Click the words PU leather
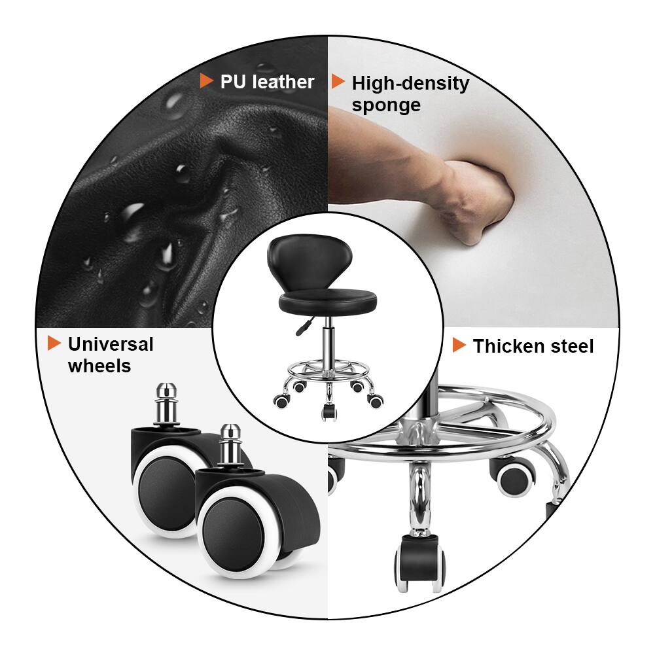pyautogui.click(x=267, y=82)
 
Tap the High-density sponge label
pyautogui.click(x=410, y=94)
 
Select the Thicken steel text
pyautogui.click(x=533, y=346)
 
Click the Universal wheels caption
pyautogui.click(x=110, y=355)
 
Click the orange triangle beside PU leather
pyautogui.click(x=207, y=81)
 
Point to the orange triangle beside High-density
pyautogui.click(x=338, y=82)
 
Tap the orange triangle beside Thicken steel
pyautogui.click(x=459, y=345)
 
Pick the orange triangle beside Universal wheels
pyautogui.click(x=54, y=343)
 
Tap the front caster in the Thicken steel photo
pyautogui.click(x=419, y=562)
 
